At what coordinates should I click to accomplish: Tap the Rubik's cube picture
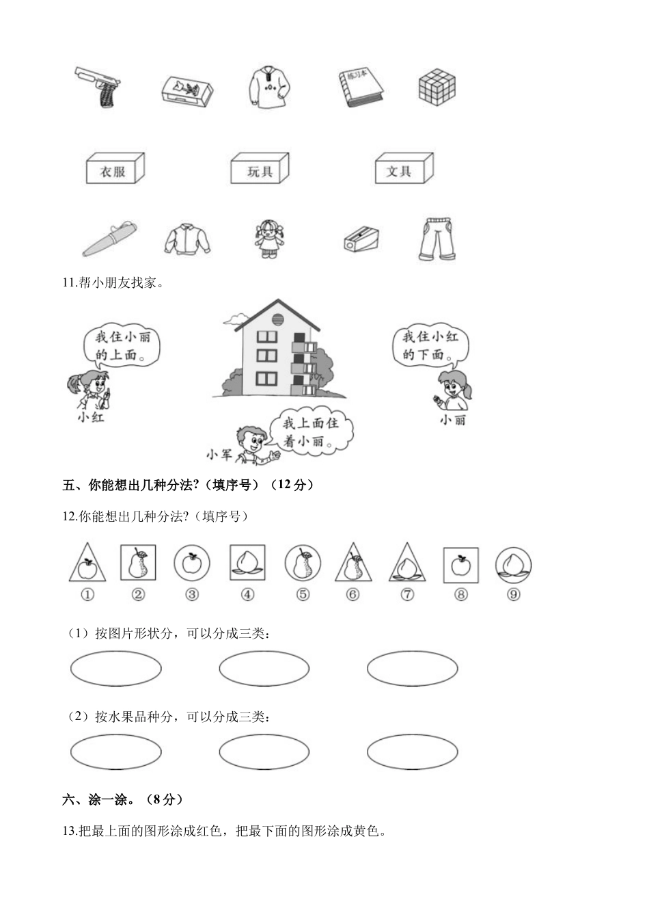[437, 87]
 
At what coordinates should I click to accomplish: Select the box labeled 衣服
[115, 168]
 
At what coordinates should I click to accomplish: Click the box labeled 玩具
[260, 168]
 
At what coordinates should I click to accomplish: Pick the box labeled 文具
[404, 168]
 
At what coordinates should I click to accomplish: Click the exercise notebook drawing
[359, 88]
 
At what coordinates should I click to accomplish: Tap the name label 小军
[219, 454]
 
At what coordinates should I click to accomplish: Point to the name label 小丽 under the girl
[452, 420]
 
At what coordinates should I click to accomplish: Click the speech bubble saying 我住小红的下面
[430, 345]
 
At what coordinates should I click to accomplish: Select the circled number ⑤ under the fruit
[303, 595]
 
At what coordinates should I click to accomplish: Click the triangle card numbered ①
[87, 565]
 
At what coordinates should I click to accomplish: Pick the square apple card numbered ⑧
[461, 565]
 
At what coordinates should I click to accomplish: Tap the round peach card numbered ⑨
[513, 565]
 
